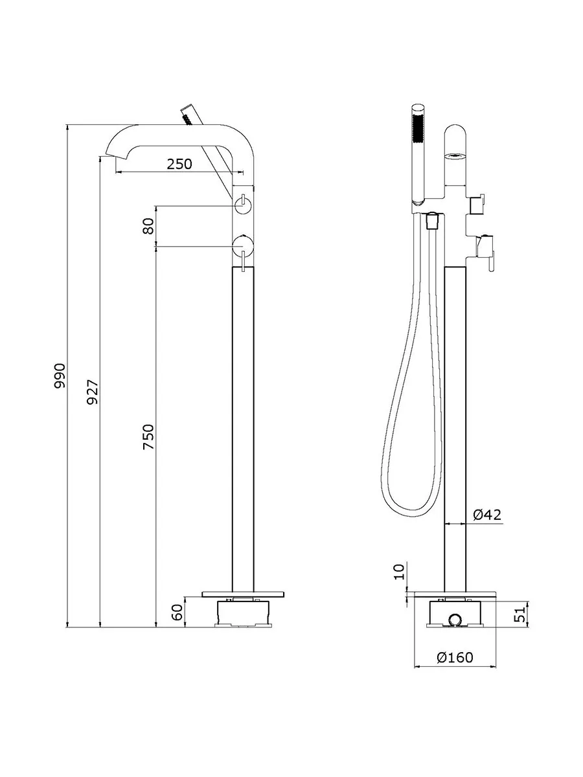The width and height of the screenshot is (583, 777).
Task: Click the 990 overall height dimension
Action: pyautogui.click(x=60, y=376)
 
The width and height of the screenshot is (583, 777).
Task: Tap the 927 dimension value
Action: pyautogui.click(x=93, y=392)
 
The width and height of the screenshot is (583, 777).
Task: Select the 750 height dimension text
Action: pyautogui.click(x=149, y=437)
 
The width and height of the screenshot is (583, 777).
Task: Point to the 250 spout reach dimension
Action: pyautogui.click(x=179, y=164)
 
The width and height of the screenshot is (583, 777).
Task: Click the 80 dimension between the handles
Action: pyautogui.click(x=149, y=226)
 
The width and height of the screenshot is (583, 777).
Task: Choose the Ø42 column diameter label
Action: pyautogui.click(x=487, y=514)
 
